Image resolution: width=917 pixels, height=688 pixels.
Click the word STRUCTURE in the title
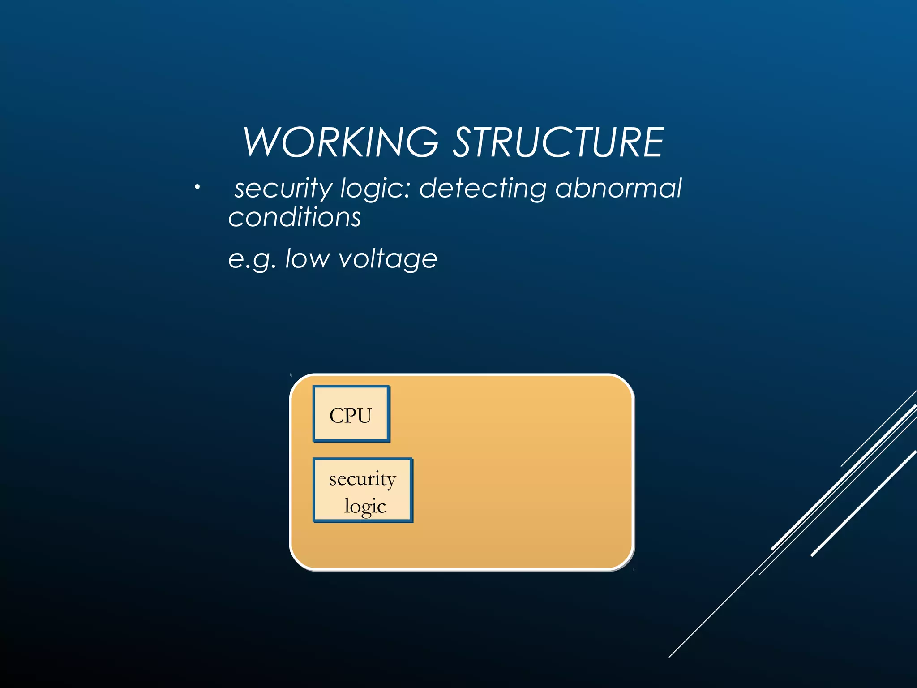558,142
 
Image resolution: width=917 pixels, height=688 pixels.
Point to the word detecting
483,188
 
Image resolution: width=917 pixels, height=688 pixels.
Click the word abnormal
618,188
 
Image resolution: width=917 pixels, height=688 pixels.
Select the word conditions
295,218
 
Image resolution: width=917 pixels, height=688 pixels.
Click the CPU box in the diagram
351,414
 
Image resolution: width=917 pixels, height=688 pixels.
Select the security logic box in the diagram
363,490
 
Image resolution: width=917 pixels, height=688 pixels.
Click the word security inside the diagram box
362,479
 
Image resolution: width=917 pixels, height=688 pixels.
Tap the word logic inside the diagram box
365,507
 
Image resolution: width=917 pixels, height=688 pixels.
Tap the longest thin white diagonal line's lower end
670,656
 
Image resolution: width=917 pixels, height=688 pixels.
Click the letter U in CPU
364,416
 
